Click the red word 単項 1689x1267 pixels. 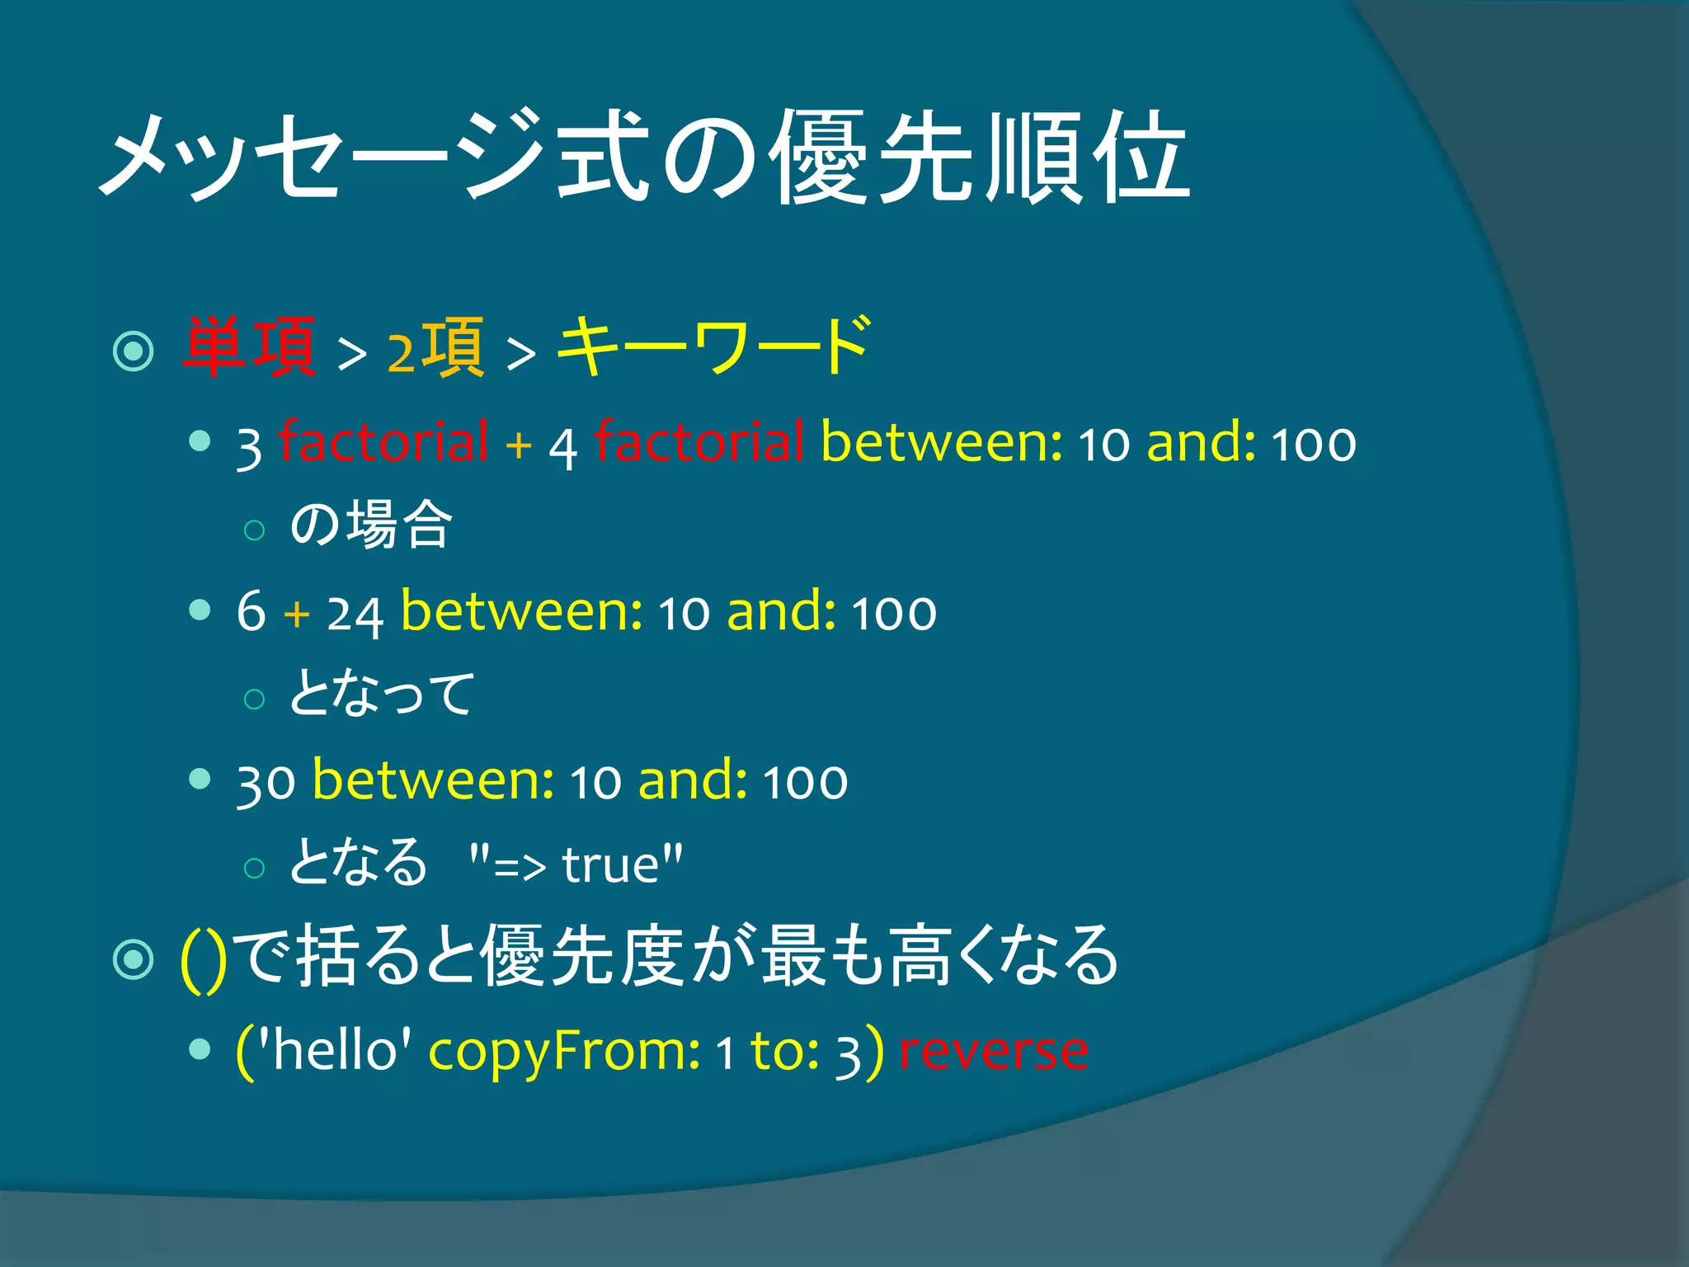(x=249, y=348)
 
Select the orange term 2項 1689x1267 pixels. (x=435, y=350)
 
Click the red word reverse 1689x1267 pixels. (x=993, y=1051)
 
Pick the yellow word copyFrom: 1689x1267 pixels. (x=564, y=1053)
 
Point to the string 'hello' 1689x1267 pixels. (x=334, y=1051)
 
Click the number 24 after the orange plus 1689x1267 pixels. (x=355, y=614)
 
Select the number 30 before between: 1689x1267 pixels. (x=266, y=782)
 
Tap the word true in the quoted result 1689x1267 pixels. (x=610, y=864)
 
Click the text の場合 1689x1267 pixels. (x=371, y=525)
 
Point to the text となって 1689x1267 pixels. (x=382, y=693)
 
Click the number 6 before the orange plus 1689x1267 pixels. (x=251, y=612)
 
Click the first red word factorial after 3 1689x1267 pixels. (x=383, y=442)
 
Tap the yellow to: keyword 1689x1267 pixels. (x=784, y=1051)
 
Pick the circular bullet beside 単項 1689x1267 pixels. (x=134, y=351)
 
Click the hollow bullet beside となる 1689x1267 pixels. (x=255, y=868)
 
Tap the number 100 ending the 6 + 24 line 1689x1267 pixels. (x=894, y=614)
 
